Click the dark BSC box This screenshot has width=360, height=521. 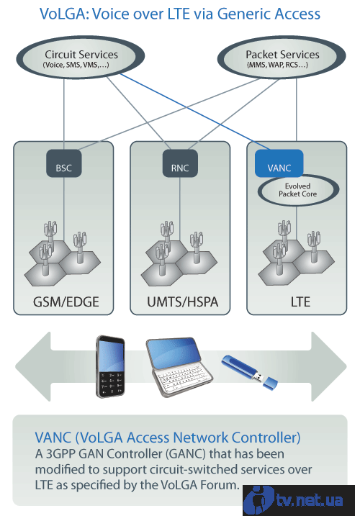[64, 163]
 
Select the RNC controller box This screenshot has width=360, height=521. [180, 163]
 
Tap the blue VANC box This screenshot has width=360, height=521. [279, 163]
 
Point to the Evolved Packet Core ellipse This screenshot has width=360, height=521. [298, 191]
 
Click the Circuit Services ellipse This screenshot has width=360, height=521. [80, 58]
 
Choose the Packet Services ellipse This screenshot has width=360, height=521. [282, 58]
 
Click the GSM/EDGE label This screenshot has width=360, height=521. [66, 302]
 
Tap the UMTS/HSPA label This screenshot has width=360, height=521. [182, 302]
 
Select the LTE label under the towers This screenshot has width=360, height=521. [300, 302]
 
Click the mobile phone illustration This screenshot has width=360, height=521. [110, 367]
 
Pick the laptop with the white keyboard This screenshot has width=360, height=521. [179, 367]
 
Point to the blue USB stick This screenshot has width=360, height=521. [249, 372]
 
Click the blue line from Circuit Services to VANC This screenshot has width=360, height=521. [196, 112]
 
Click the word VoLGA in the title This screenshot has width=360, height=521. [64, 14]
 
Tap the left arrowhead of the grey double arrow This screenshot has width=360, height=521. [33, 366]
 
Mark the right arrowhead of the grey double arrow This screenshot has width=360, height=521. [329, 366]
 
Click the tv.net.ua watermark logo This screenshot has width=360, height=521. [298, 500]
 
